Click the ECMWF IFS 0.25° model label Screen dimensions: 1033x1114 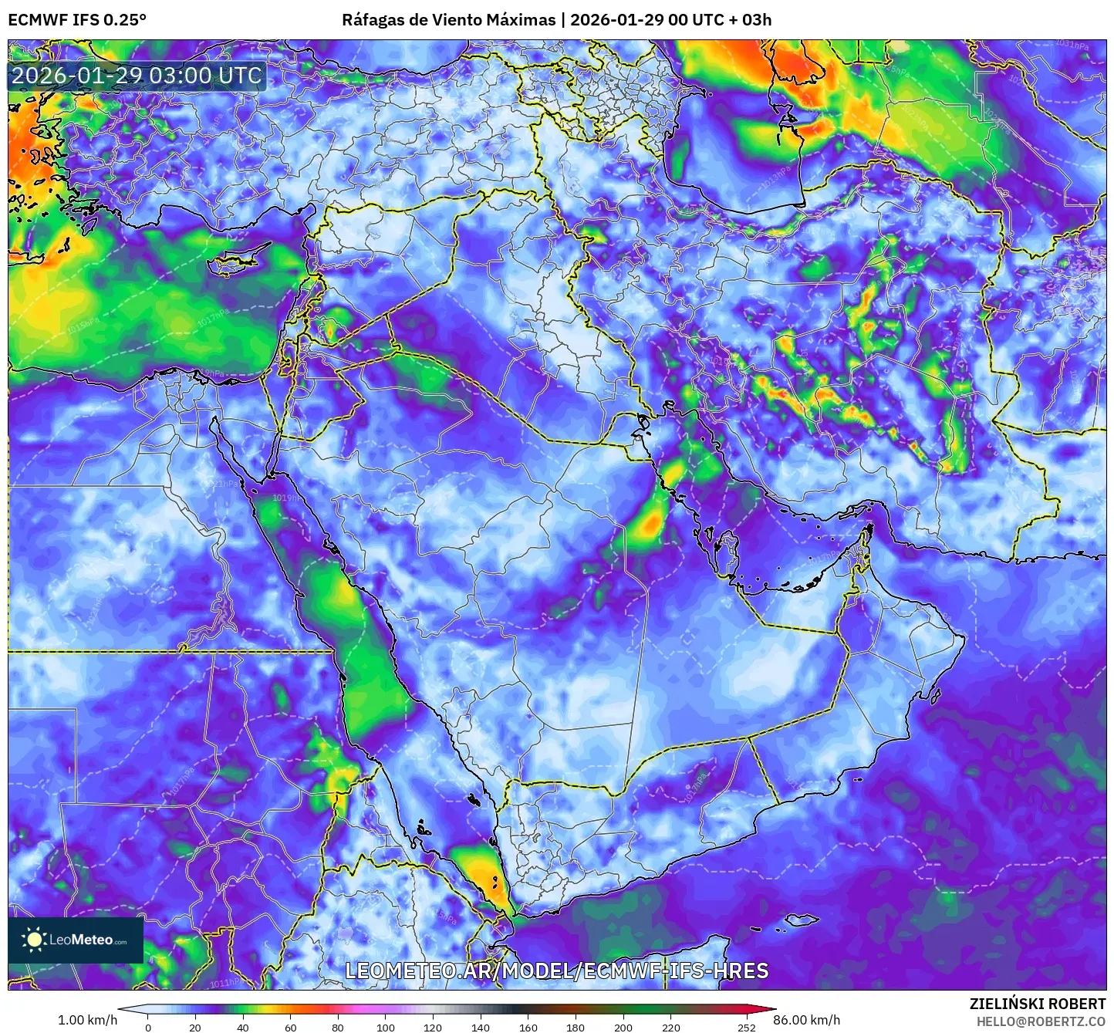pos(77,20)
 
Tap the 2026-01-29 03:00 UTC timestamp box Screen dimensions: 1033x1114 pos(137,76)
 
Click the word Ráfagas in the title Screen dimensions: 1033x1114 pos(373,20)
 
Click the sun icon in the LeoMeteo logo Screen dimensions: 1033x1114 pos(34,939)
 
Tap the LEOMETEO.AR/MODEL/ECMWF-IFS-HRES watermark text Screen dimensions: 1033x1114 pos(556,971)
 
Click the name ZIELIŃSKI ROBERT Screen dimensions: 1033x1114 pos(1038,1004)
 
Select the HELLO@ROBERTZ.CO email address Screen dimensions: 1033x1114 pos(1041,1021)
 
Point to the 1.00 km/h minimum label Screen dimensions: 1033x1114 pos(87,1020)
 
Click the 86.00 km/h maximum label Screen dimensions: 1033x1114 pos(807,1020)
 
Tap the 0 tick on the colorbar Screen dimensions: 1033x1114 pos(148,1027)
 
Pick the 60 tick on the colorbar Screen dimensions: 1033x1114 pos(291,1027)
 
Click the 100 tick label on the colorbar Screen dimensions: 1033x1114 pos(386,1027)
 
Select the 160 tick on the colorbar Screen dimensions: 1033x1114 pos(528,1027)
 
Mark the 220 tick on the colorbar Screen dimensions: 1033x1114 pos(671,1027)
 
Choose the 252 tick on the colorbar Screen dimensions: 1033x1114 pos(746,1027)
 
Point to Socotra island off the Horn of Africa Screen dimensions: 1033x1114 pos(802,920)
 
